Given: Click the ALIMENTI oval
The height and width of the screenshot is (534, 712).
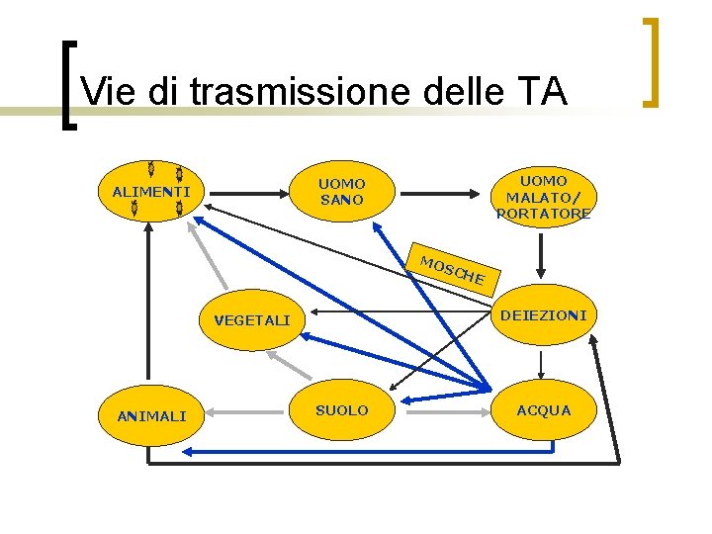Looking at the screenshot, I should (x=150, y=190).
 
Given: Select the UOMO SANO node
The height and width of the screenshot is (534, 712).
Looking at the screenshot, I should (x=341, y=192).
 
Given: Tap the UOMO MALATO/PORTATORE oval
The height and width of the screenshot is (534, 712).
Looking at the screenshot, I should (x=543, y=196).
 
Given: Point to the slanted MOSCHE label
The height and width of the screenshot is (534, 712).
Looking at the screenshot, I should (x=452, y=270).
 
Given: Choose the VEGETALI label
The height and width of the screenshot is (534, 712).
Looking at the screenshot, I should (x=252, y=320).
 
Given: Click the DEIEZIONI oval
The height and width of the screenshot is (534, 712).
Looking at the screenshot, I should (x=543, y=315).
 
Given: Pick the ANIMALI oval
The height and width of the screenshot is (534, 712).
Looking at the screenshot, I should (x=150, y=415).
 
